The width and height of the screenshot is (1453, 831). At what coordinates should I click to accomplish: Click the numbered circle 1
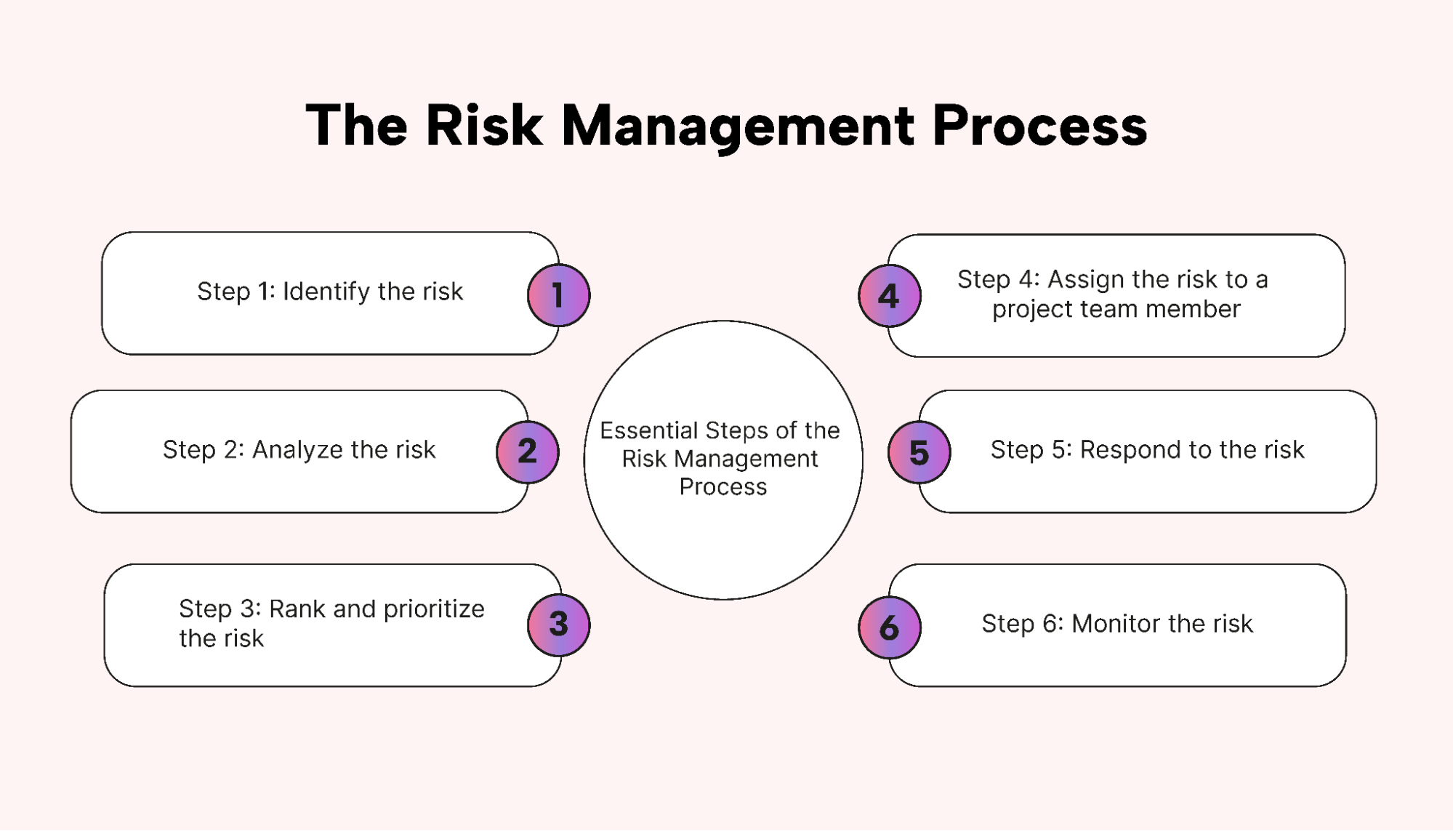point(558,295)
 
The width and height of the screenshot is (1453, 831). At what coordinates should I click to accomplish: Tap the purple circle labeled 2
point(528,451)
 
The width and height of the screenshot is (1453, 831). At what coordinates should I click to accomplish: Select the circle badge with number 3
point(558,625)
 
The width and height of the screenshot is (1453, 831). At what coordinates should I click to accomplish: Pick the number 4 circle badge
point(889,296)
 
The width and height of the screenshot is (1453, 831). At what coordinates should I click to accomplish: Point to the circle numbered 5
point(919,452)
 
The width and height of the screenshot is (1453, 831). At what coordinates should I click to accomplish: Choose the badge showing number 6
point(889,627)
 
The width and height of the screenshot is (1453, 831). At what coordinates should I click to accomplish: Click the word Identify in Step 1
point(326,292)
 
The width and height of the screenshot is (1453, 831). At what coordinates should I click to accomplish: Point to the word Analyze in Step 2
point(297,450)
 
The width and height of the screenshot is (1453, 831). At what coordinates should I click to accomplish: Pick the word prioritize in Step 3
point(433,609)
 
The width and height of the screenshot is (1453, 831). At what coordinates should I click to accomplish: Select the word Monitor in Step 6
point(1116,624)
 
